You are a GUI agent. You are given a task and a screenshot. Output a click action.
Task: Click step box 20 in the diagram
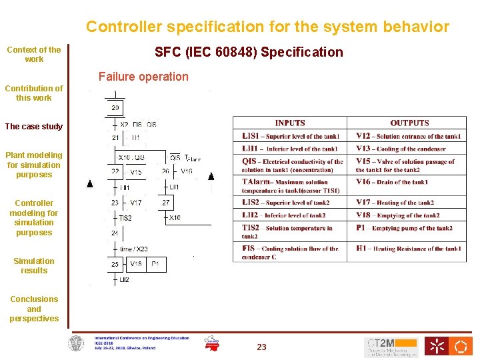coord(115,107)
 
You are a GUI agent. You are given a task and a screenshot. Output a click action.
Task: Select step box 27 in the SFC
coord(166,203)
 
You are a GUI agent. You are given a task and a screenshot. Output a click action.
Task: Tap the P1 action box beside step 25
coord(155,265)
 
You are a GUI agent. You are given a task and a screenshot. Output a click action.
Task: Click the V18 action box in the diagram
coord(136,265)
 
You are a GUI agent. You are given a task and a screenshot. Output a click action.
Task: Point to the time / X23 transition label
coord(134,249)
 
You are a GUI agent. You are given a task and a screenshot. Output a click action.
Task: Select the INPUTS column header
coord(289,123)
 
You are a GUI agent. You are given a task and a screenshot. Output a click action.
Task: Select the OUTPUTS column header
coord(409,123)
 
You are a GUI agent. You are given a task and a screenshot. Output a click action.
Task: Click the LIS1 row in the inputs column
coord(289,137)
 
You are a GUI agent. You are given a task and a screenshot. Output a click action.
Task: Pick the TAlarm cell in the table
coord(289,186)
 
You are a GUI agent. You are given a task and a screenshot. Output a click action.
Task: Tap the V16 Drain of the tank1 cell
coord(409,181)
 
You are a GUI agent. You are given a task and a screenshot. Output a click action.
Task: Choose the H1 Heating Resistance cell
coord(409,249)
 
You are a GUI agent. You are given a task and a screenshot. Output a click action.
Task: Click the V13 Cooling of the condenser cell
coord(409,149)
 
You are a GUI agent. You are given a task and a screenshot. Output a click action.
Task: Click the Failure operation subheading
coord(143,77)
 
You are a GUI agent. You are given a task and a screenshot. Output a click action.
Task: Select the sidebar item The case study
coord(34,127)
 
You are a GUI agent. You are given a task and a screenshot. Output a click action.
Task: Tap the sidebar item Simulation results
coord(34,266)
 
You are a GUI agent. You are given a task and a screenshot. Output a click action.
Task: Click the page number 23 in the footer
coord(261,347)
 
